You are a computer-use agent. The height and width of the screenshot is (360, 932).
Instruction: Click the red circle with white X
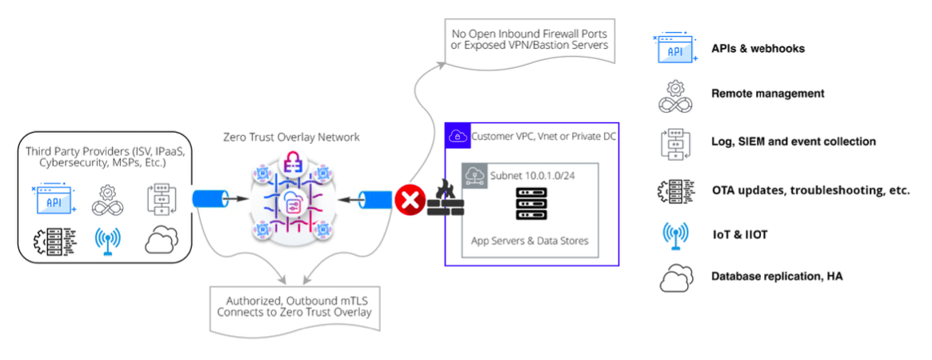click(410, 201)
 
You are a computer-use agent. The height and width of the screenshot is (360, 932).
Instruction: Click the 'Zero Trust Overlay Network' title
click(291, 137)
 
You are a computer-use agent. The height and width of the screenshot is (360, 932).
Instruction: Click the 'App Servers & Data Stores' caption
click(530, 240)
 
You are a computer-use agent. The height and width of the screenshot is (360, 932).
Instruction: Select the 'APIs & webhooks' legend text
click(758, 49)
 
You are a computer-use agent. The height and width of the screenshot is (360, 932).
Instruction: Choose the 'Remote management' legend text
click(767, 94)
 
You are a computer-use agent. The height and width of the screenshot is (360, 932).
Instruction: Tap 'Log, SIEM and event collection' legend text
click(794, 142)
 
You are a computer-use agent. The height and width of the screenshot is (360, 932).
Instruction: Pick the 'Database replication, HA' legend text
click(777, 277)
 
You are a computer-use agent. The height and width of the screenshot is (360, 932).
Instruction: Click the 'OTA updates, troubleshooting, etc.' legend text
click(810, 190)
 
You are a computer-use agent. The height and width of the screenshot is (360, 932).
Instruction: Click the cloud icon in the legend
click(674, 278)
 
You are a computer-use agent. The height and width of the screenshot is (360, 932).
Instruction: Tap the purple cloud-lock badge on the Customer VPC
click(457, 137)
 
